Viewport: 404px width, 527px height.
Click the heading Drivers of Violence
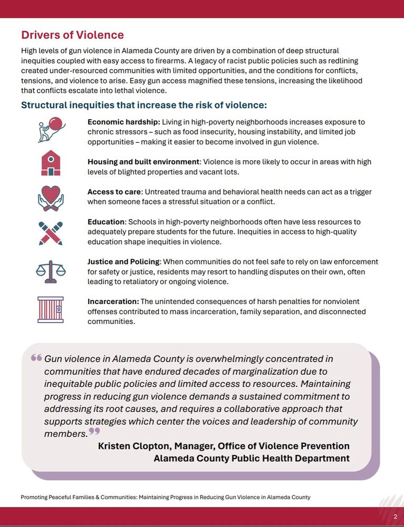(x=72, y=35)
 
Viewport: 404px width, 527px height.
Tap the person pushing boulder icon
(x=51, y=130)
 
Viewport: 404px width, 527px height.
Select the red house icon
(x=51, y=163)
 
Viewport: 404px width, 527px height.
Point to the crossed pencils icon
(x=51, y=233)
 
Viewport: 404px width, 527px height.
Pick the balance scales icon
(x=51, y=271)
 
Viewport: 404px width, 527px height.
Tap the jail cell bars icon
(x=51, y=309)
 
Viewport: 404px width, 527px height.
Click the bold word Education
(x=106, y=222)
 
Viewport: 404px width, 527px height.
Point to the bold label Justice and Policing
(x=123, y=262)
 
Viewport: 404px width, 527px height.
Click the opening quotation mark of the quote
(x=36, y=358)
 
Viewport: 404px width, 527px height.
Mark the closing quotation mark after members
(x=94, y=432)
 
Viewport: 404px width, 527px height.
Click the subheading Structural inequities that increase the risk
(x=144, y=105)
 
